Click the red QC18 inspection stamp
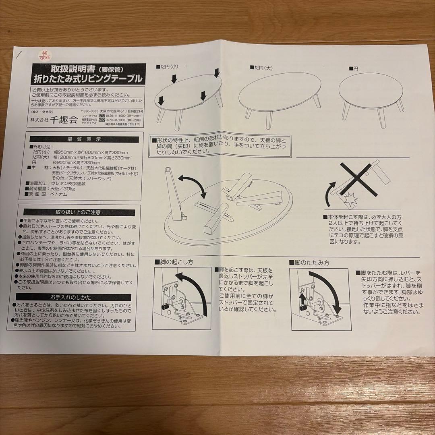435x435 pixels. point(43,55)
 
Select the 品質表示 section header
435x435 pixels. point(84,139)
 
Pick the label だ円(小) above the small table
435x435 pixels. point(168,66)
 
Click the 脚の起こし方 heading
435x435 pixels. point(174,262)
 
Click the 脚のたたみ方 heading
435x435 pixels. point(309,263)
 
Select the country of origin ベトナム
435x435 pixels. point(60,194)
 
